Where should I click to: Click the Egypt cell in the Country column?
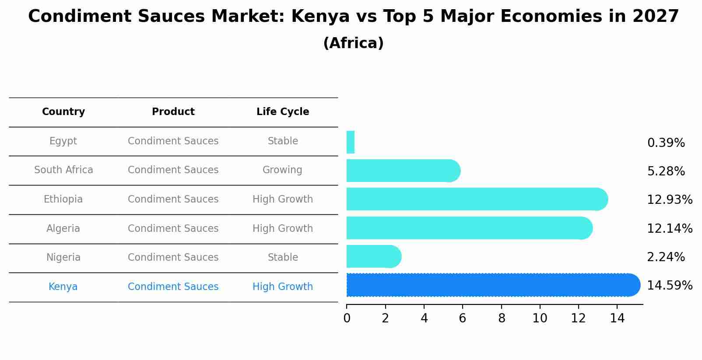[63, 141]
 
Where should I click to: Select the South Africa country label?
[63, 170]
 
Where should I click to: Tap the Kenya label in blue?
[63, 287]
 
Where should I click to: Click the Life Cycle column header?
[283, 112]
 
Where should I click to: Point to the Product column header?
[173, 112]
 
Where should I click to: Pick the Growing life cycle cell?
[282, 170]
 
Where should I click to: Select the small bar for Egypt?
[350, 142]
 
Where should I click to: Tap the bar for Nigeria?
[372, 256]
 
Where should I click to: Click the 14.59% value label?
[669, 286]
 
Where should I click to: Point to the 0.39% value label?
[666, 143]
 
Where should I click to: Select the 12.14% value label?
[669, 228]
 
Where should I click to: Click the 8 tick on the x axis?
[502, 318]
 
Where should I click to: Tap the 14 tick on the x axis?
[617, 318]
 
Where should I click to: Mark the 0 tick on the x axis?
[347, 318]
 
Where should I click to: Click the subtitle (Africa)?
[353, 43]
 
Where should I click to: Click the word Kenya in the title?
[320, 17]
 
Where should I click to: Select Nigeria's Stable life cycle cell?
[283, 258]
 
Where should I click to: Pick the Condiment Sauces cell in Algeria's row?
[173, 229]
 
